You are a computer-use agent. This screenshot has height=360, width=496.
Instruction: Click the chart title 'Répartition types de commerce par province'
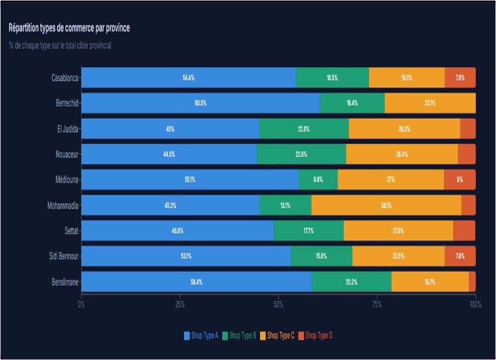coord(69,27)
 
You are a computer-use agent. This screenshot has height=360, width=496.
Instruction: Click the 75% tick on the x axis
coord(377,303)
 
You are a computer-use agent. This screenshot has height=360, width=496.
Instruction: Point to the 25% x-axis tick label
coord(180,303)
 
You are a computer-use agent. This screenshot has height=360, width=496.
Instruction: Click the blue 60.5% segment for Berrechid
coord(200,103)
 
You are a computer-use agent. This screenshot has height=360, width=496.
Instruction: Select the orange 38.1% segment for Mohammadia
coord(386,205)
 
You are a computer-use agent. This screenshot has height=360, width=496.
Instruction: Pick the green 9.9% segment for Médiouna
coord(318,179)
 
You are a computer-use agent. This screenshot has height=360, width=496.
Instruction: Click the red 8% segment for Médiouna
coord(459,179)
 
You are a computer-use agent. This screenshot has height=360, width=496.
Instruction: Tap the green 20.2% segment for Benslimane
coord(352,282)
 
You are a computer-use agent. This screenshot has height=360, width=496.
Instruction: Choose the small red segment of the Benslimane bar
coord(472,282)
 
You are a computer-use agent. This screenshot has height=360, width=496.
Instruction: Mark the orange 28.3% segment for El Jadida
coord(404,128)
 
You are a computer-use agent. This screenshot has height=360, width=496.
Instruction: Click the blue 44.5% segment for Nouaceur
coord(169,154)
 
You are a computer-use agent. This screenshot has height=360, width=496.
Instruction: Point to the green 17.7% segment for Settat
coord(308,230)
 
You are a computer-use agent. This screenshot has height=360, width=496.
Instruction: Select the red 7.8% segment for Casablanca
coord(460,77)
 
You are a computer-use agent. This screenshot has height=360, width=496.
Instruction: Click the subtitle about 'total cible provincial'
coord(60,46)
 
